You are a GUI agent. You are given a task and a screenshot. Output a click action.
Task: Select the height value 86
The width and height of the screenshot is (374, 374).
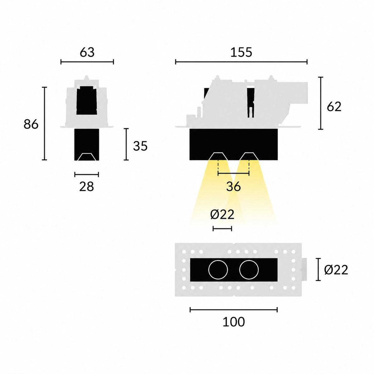[31, 124]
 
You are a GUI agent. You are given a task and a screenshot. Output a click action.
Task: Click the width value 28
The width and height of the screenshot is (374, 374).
[87, 186]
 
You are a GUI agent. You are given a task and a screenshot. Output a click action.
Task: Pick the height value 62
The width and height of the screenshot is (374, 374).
[334, 107]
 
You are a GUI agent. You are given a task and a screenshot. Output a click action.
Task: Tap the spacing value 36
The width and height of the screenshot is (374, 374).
[233, 186]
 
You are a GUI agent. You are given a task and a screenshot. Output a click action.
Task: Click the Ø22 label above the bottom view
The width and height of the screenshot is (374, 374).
[222, 215]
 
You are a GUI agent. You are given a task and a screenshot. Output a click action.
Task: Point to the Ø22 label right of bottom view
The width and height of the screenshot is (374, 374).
[336, 270]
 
